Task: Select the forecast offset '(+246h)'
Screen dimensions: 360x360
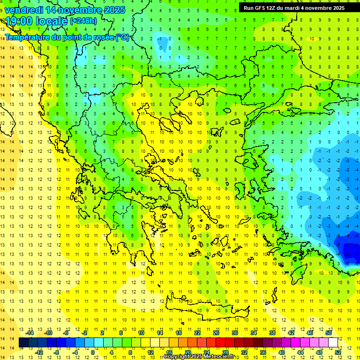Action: pos(83,21)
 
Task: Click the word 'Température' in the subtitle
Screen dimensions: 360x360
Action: pos(29,37)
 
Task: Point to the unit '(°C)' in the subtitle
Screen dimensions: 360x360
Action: pos(122,37)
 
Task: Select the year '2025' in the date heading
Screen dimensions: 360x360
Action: pos(114,10)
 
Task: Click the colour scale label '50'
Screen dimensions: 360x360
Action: pos(329,333)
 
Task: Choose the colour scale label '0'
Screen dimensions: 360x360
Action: pos(92,352)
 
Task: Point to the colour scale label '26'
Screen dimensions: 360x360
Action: pos(216,333)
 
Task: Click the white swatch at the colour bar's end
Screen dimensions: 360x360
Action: pos(333,343)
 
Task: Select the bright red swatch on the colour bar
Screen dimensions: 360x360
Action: pos(221,343)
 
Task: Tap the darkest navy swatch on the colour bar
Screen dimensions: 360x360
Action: pos(24,343)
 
